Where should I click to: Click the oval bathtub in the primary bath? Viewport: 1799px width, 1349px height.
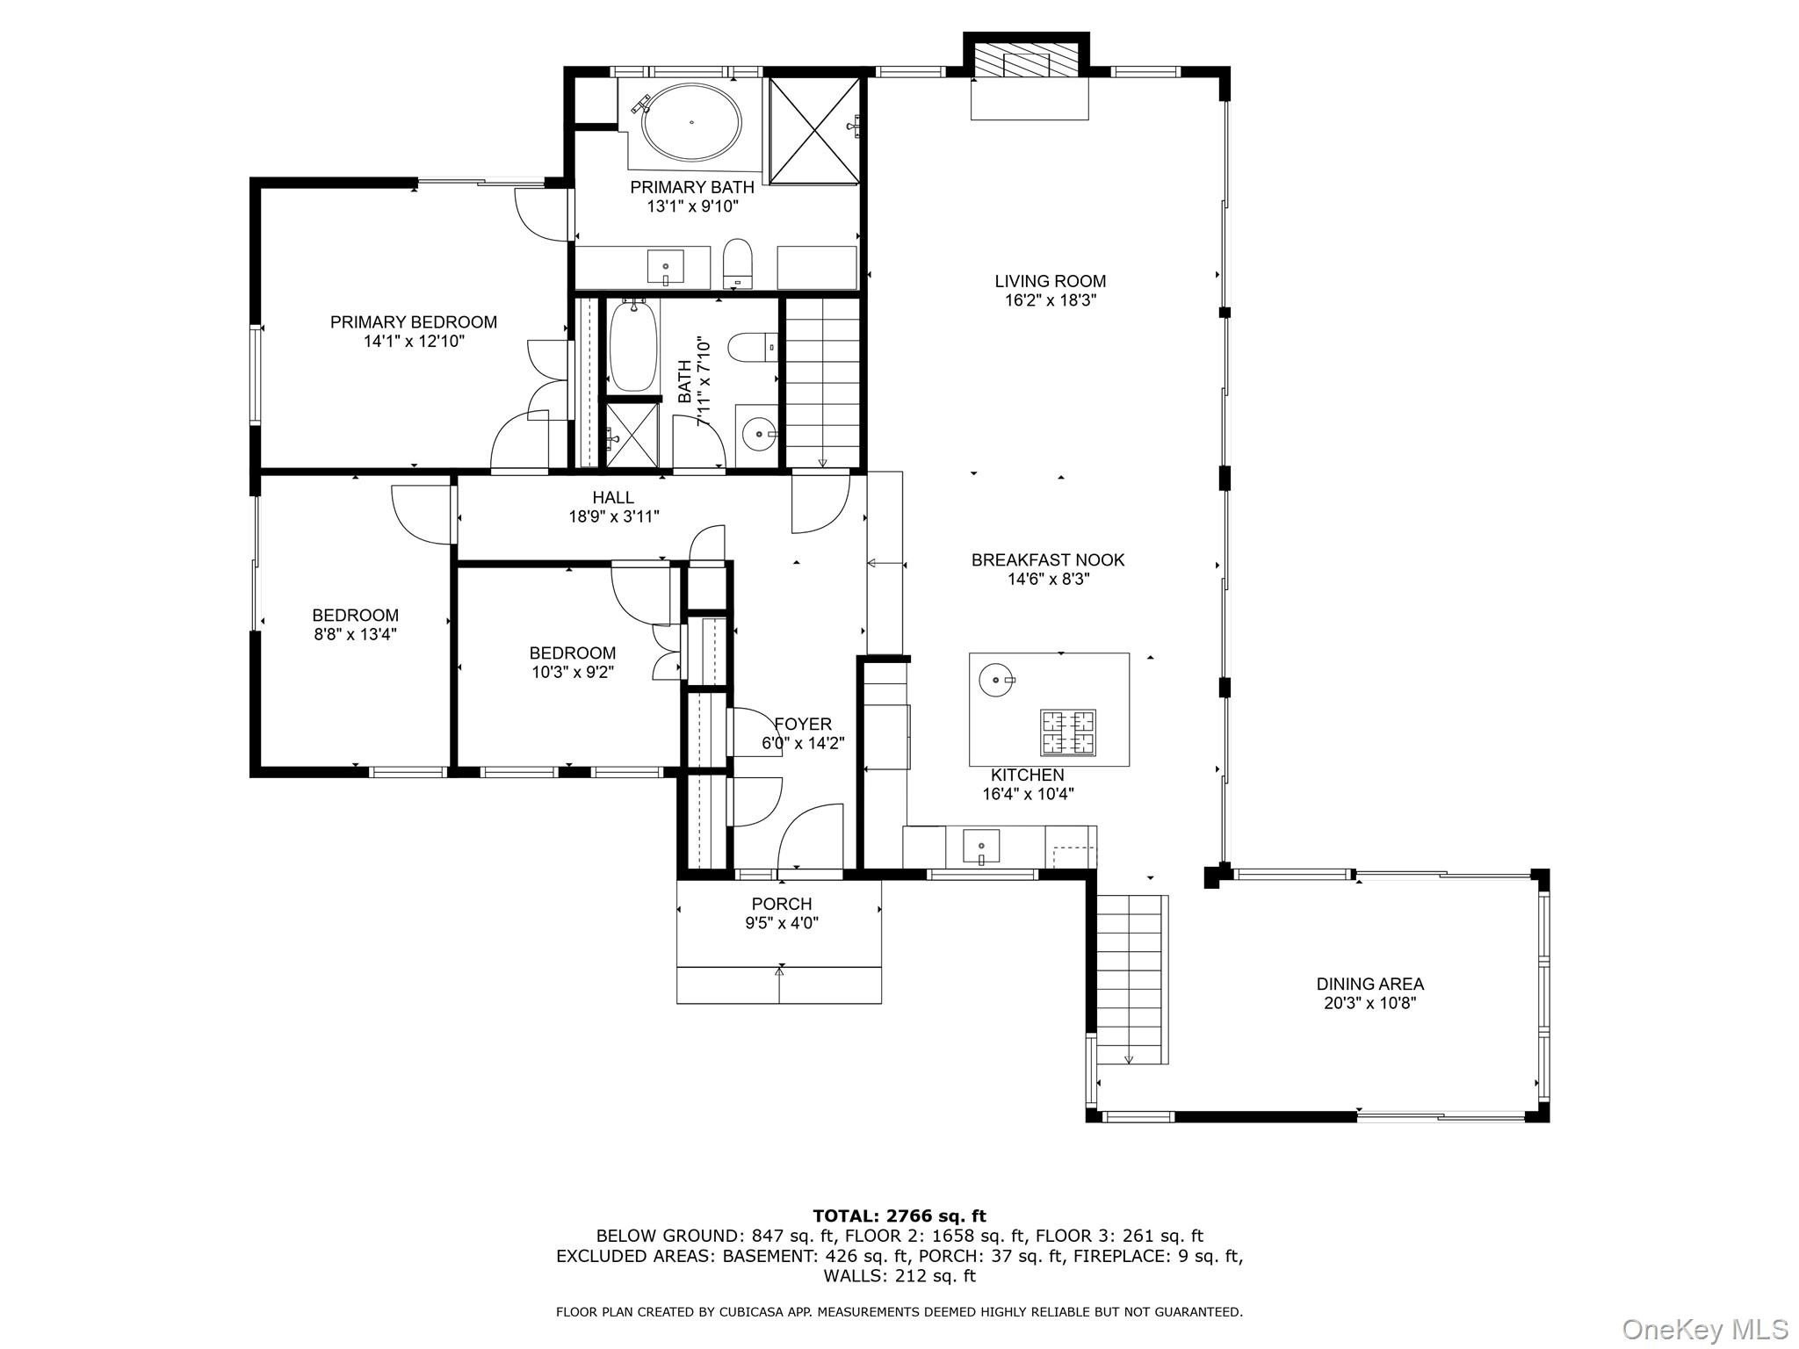point(691,123)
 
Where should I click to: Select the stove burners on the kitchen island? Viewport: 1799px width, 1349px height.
point(1069,732)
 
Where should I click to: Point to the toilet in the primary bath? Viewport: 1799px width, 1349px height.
point(739,263)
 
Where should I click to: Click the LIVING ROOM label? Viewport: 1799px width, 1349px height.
point(1050,281)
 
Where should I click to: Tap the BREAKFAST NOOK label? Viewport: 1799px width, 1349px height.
point(1048,559)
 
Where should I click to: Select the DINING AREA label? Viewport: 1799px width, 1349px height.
point(1369,985)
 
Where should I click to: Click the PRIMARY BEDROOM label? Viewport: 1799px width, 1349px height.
point(414,322)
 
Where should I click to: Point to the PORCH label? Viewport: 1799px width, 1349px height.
point(782,904)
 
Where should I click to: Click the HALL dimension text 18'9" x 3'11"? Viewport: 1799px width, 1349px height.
point(614,516)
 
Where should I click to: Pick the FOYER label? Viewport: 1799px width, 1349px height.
point(803,724)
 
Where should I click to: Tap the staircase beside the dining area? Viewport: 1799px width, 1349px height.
point(1132,979)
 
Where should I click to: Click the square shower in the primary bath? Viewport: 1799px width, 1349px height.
point(814,130)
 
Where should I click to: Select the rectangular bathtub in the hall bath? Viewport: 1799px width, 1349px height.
point(633,346)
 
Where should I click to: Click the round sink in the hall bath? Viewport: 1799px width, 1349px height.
point(757,432)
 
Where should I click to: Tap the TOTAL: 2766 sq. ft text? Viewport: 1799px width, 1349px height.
point(899,1216)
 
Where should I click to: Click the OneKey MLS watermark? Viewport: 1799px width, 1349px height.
point(1704,1328)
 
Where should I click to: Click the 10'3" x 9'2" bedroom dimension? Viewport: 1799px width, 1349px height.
point(573,672)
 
